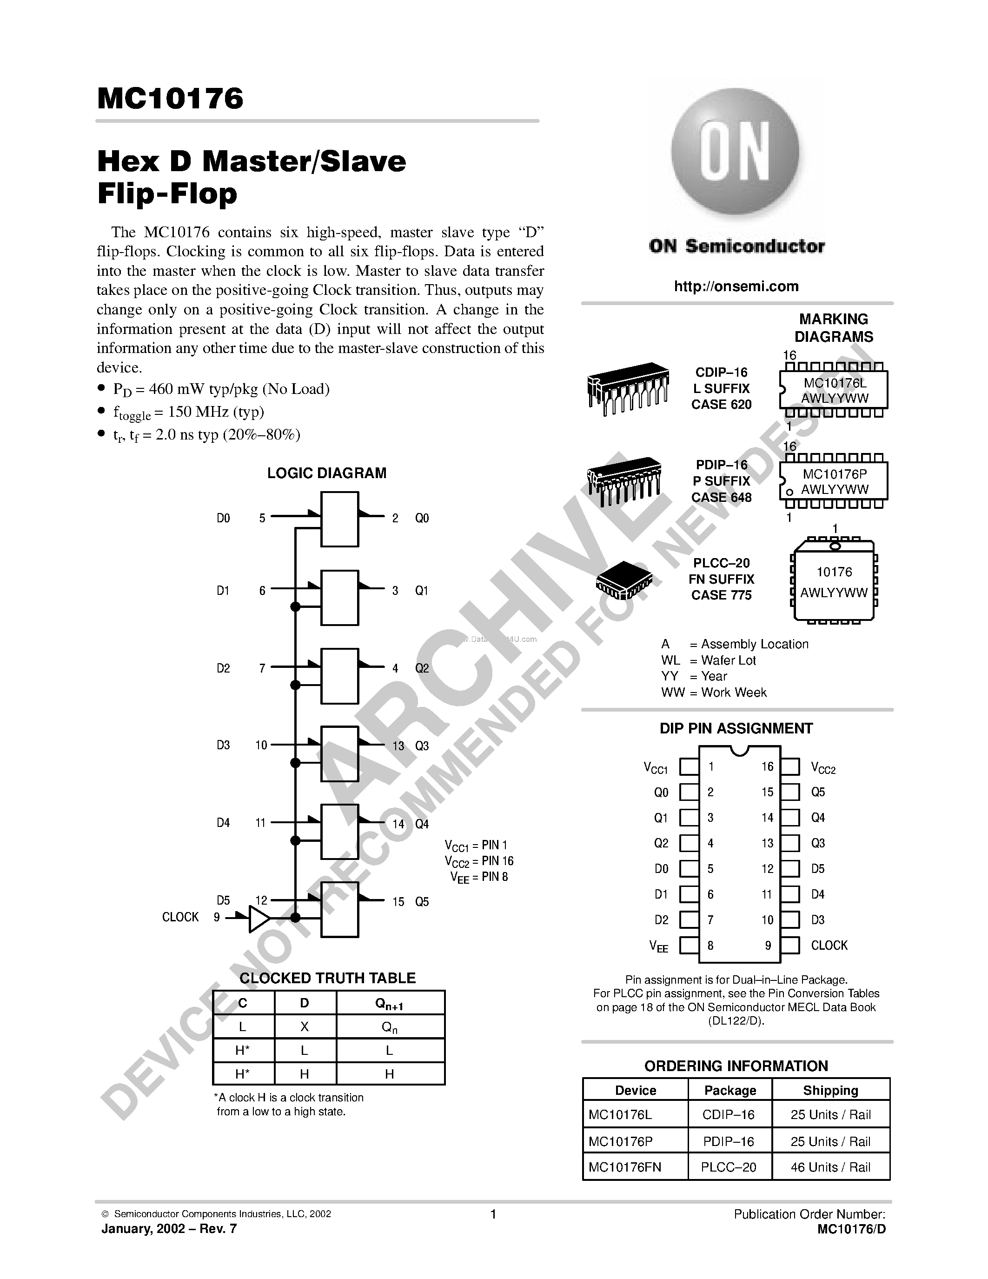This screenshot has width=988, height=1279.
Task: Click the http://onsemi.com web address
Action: (736, 286)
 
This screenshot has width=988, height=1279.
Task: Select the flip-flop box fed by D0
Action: (339, 519)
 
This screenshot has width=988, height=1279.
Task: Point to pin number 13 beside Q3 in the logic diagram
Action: (398, 746)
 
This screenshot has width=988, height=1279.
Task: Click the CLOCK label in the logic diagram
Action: (180, 917)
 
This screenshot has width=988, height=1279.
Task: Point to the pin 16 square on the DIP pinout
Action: (790, 766)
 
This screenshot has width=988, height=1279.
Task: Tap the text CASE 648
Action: (721, 497)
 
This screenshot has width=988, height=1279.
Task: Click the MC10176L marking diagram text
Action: (835, 383)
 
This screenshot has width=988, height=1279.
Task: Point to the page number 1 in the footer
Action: (493, 1214)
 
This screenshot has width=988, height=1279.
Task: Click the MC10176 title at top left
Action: (170, 99)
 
